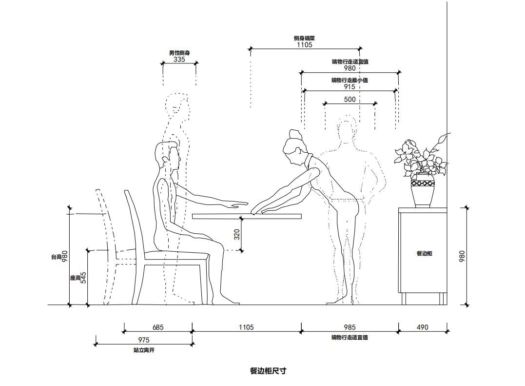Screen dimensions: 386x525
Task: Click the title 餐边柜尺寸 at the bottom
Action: [268, 371]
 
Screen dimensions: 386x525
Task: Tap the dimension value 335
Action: [179, 60]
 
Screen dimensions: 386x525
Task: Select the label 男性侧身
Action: [179, 53]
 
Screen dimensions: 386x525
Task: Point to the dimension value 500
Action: [350, 100]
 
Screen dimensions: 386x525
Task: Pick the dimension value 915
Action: [350, 87]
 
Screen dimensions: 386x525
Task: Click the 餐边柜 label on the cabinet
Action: [424, 253]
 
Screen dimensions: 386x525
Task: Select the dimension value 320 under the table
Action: [237, 235]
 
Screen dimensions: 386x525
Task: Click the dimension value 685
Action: [158, 327]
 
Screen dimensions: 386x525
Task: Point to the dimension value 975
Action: [143, 340]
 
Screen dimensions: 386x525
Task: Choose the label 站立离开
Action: [143, 350]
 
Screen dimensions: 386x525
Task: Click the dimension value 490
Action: [423, 327]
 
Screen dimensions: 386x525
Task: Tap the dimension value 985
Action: [350, 327]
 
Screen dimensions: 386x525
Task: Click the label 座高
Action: [75, 278]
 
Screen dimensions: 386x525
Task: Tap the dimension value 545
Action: [83, 278]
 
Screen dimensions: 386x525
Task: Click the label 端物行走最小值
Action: [350, 80]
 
